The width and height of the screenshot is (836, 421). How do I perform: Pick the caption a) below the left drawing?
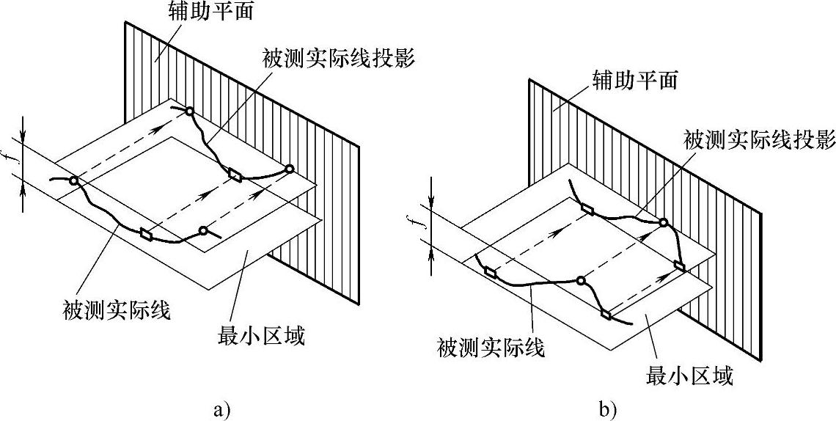point(221,410)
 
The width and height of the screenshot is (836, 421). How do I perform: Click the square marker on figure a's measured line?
point(145,234)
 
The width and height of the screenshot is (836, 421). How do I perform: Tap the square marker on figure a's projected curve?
point(235,175)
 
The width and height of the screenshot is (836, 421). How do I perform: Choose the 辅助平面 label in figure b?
point(634,81)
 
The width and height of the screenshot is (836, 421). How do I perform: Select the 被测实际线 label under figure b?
point(491,348)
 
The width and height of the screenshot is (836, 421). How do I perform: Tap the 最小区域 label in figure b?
point(689,377)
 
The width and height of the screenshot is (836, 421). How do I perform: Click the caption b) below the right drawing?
point(607,410)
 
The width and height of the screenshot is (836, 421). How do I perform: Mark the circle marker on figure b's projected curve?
point(663,222)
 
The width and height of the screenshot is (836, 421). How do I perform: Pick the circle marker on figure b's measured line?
point(581,280)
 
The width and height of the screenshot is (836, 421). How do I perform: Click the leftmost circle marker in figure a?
point(74,181)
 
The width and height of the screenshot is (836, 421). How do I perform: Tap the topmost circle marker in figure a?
point(188,111)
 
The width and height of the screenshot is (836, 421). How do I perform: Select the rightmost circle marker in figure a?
point(289,169)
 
